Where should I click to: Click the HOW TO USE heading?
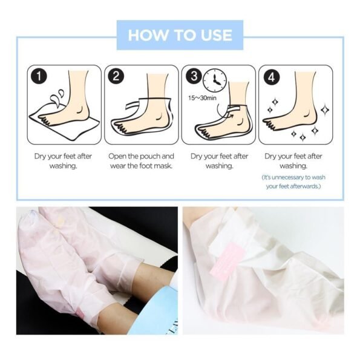[180, 35]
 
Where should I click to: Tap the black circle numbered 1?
[39, 76]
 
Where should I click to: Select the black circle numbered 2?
[116, 76]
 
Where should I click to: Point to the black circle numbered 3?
[194, 76]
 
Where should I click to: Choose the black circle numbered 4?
[271, 77]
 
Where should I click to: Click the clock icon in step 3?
[215, 80]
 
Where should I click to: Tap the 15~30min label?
[202, 98]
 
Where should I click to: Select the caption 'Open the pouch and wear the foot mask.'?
[141, 161]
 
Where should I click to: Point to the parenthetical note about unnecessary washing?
[293, 182]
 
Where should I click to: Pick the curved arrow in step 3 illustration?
[224, 112]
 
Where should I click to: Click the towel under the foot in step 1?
[65, 125]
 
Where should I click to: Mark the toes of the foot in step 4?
[269, 123]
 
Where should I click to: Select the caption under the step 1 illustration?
[63, 161]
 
